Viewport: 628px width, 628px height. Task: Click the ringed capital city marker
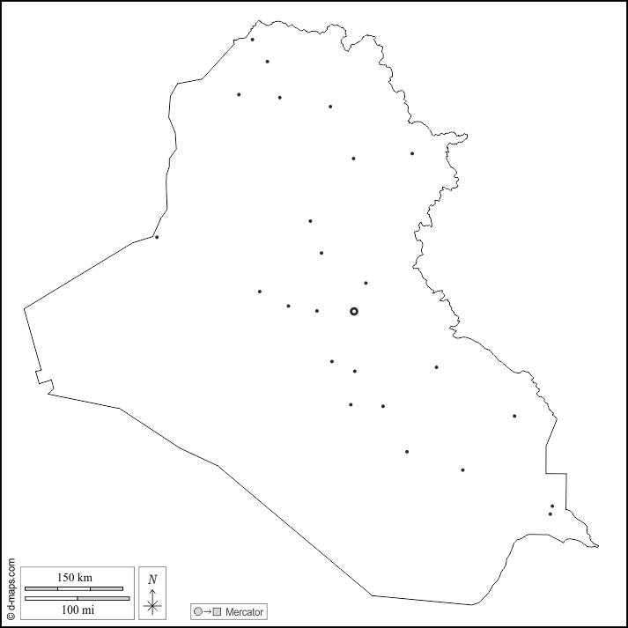tap(354, 311)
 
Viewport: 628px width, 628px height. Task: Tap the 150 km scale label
tap(75, 578)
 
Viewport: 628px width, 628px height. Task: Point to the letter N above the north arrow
tap(152, 579)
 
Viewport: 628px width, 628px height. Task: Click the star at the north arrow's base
tap(152, 605)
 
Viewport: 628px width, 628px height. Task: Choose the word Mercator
tap(244, 611)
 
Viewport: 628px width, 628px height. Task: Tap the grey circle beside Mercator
tap(198, 611)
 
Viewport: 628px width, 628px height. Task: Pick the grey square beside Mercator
tap(217, 611)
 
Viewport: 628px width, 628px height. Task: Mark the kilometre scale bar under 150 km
tap(74, 587)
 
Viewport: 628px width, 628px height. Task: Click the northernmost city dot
tap(253, 39)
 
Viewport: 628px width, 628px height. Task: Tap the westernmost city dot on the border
tap(157, 237)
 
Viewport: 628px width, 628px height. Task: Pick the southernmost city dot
tap(550, 513)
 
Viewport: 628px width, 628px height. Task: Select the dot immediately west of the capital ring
tap(317, 311)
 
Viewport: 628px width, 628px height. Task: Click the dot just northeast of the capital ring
tap(366, 283)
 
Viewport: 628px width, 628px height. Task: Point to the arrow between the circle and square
tap(207, 611)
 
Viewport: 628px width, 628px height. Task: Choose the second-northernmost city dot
tap(267, 62)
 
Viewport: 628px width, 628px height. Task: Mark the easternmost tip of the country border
tap(599, 546)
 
